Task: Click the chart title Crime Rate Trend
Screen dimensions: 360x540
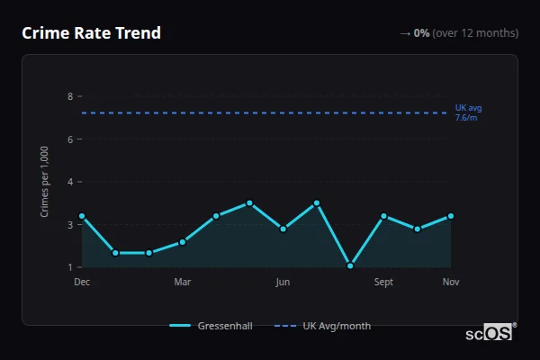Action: point(91,33)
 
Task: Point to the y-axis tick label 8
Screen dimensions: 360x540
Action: point(69,96)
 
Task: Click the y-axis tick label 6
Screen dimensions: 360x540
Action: point(69,139)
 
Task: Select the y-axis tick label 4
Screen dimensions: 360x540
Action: point(69,182)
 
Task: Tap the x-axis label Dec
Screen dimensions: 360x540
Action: point(82,283)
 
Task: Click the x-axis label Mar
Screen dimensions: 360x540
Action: point(183,283)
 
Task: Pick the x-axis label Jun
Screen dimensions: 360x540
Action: point(283,283)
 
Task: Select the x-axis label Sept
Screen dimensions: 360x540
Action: point(383,283)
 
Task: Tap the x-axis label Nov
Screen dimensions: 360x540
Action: point(451,283)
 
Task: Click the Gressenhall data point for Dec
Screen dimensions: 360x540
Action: point(82,216)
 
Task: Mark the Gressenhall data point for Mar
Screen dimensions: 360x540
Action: point(183,242)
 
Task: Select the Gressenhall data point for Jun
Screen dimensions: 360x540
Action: point(283,229)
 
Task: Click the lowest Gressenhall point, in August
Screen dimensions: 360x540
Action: point(350,266)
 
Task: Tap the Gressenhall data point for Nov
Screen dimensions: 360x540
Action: point(450,216)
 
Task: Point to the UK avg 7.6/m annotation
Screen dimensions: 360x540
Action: point(468,112)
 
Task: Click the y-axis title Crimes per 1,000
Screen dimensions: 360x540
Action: point(45,182)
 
